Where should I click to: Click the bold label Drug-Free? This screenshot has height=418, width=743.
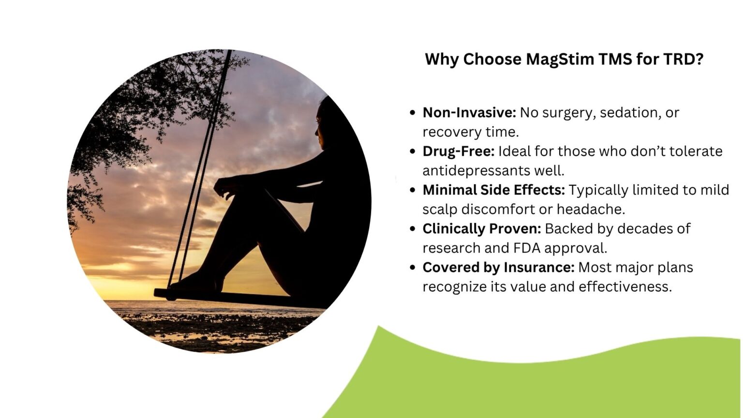pyautogui.click(x=458, y=151)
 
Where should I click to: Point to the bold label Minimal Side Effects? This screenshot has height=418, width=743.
pyautogui.click(x=493, y=190)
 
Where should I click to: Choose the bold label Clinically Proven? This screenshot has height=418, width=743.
pyautogui.click(x=482, y=229)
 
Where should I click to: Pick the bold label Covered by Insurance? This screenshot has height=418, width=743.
pyautogui.click(x=498, y=268)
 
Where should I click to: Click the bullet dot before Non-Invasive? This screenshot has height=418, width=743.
pyautogui.click(x=413, y=113)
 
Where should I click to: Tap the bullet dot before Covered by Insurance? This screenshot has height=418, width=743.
pyautogui.click(x=413, y=268)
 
